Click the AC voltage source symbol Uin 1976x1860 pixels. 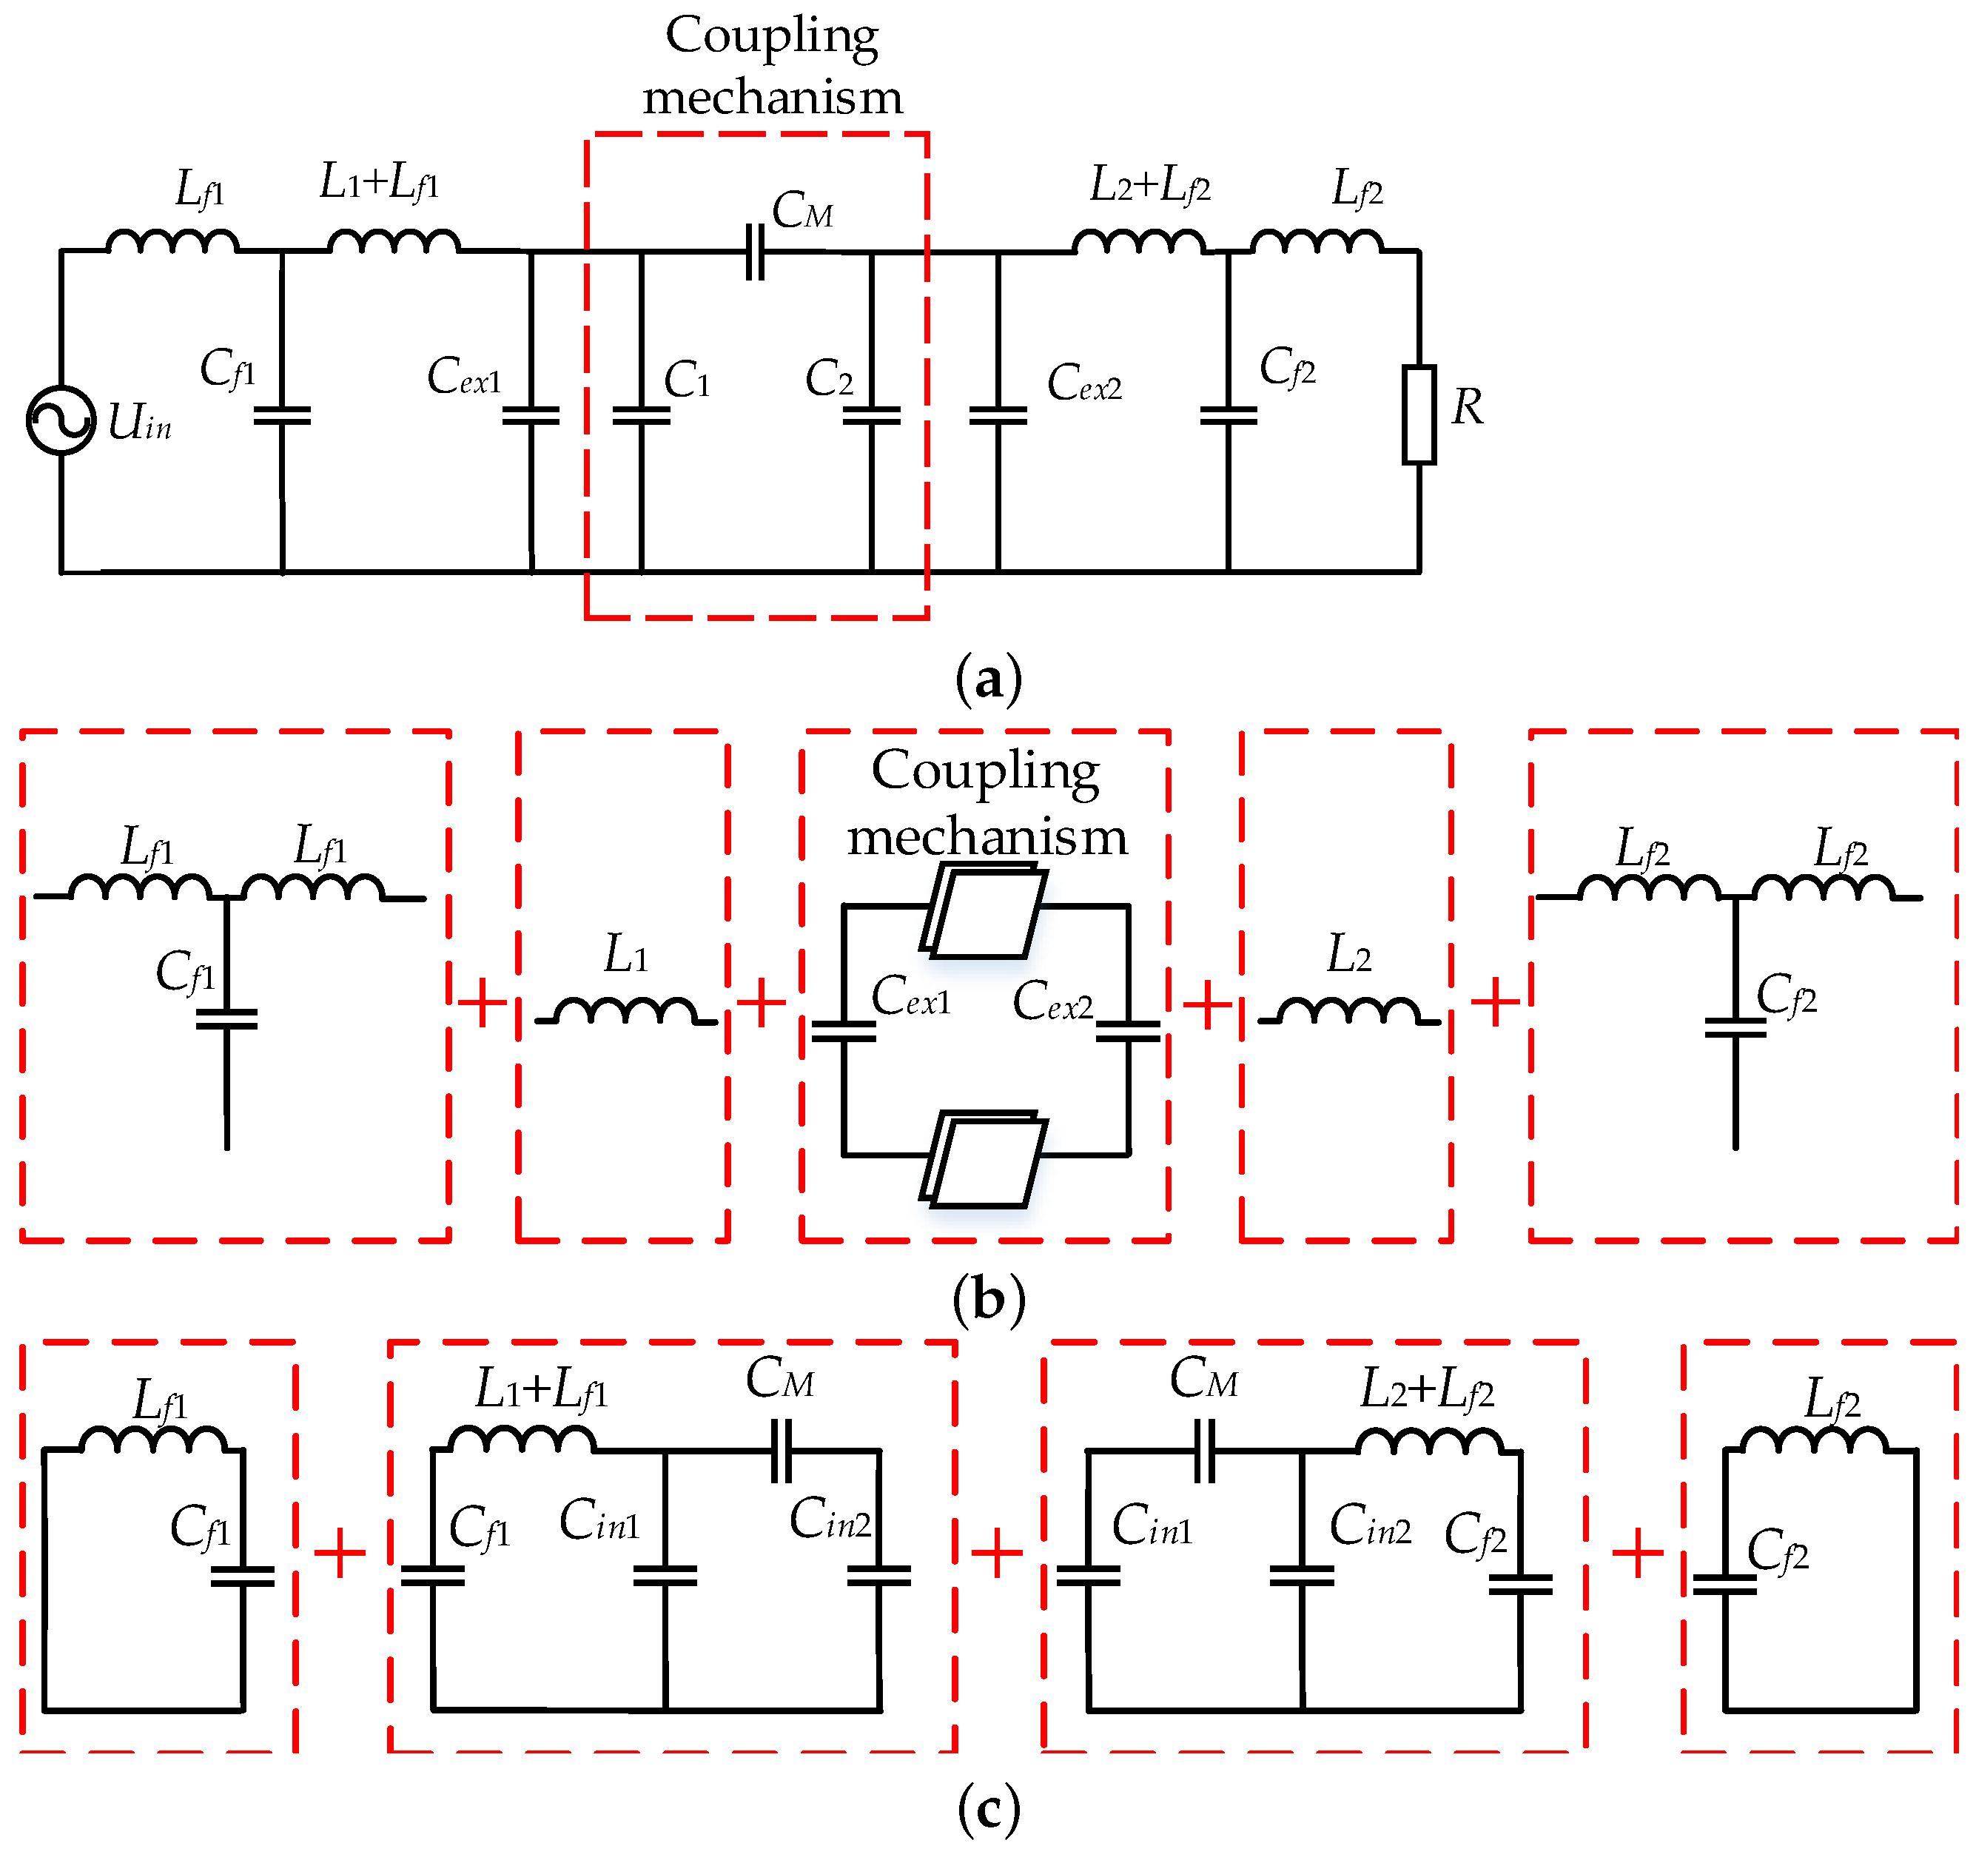pos(61,420)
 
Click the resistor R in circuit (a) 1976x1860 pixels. pos(1419,414)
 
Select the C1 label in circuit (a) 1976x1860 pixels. pos(687,380)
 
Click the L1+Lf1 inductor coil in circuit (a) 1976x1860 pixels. pos(394,241)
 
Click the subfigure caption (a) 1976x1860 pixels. pos(988,680)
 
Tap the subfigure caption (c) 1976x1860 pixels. pos(988,1807)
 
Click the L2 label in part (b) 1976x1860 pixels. pos(1349,956)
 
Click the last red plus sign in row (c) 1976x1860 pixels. pos(1637,1553)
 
